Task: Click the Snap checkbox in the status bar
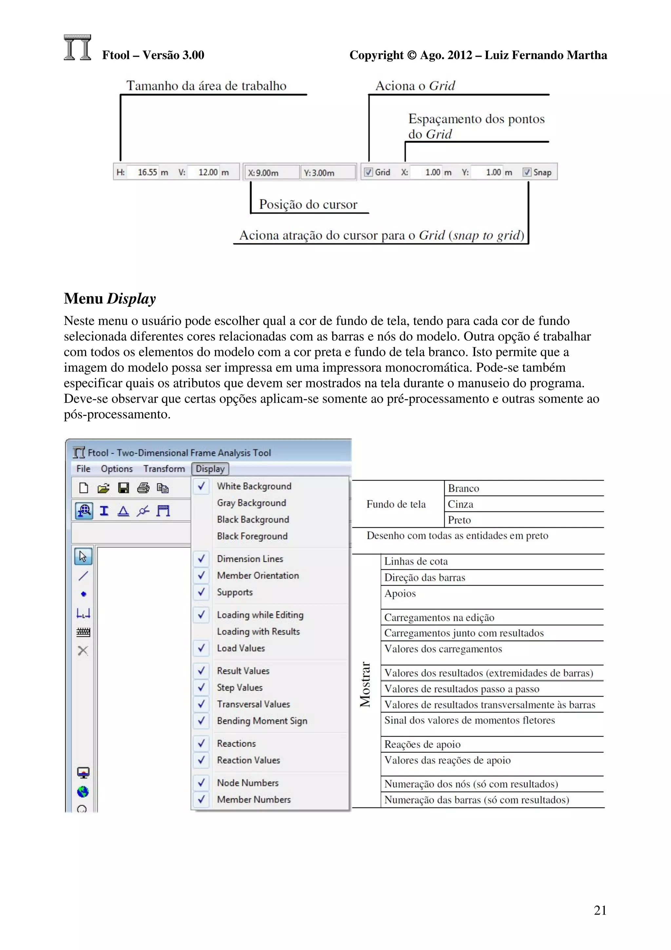[x=527, y=172]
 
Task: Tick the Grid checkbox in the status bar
[x=368, y=172]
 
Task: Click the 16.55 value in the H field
[x=147, y=172]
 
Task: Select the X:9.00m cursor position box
[x=272, y=172]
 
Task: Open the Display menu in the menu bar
[x=210, y=469]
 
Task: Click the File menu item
[x=83, y=469]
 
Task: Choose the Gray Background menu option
[x=251, y=503]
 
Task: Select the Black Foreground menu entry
[x=252, y=536]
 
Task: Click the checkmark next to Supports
[x=201, y=592]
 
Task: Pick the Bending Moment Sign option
[x=262, y=721]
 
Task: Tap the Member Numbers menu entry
[x=254, y=800]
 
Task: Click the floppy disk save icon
[x=123, y=488]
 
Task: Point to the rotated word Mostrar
[x=365, y=684]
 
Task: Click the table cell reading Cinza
[x=461, y=504]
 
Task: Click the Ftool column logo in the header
[x=78, y=48]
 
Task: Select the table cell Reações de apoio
[x=422, y=744]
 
